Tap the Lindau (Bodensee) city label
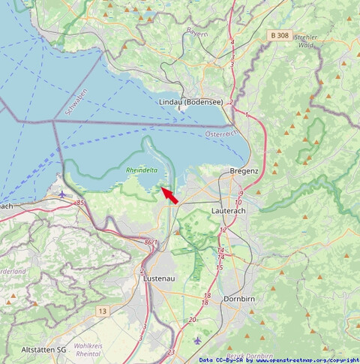[190, 101]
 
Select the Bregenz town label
[244, 171]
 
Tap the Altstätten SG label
[44, 350]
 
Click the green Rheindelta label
[142, 170]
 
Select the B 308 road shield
[279, 35]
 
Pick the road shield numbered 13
[102, 310]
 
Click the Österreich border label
[220, 134]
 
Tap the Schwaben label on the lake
[76, 101]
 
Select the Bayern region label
[196, 34]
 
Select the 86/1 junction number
[151, 242]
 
